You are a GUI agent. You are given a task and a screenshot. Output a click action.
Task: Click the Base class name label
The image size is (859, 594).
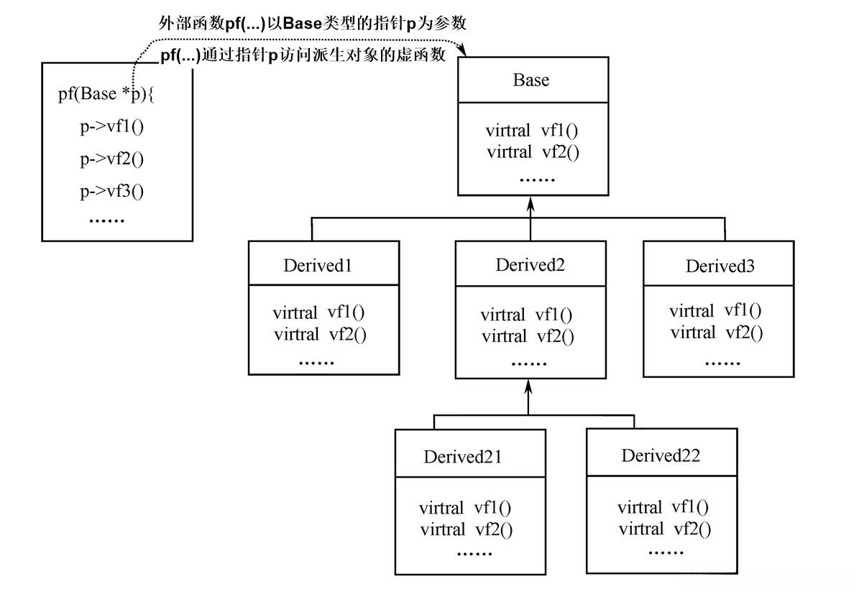(530, 80)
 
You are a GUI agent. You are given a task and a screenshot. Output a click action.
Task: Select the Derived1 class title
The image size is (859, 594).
(317, 266)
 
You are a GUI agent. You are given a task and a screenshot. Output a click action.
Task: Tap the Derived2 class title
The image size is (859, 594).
(530, 265)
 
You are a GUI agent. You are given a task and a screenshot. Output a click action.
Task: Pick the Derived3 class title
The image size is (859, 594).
(720, 266)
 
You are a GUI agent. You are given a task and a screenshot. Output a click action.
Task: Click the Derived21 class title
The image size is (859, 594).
(462, 457)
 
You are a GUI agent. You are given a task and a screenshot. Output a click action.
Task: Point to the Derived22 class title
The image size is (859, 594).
(661, 455)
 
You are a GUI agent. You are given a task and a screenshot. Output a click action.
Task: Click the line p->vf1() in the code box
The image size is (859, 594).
(111, 127)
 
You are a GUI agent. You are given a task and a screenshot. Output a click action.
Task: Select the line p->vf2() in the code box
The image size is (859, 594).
(111, 159)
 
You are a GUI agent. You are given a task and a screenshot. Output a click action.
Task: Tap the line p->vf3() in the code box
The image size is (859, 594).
(111, 191)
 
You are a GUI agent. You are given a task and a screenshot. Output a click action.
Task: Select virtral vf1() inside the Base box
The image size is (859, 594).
(531, 131)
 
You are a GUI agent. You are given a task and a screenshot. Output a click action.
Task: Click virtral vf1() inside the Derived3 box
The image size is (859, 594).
(715, 311)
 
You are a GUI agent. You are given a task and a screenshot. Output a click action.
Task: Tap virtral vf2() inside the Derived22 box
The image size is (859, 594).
(663, 530)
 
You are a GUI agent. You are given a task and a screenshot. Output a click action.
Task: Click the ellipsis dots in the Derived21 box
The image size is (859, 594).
(474, 553)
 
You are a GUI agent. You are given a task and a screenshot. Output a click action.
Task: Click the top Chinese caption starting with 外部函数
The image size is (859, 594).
(313, 24)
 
